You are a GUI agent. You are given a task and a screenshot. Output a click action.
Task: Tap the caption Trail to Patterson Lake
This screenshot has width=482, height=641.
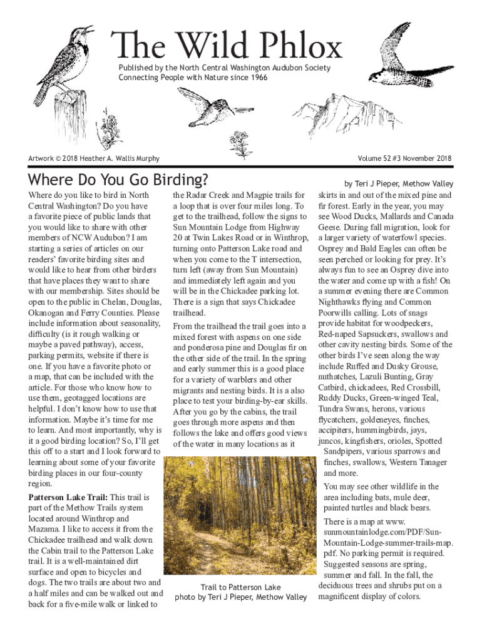click(x=241, y=587)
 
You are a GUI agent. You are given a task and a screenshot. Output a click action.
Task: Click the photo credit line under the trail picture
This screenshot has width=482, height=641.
click(x=241, y=597)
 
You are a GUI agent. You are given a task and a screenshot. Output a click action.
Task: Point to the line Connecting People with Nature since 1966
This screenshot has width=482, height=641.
click(x=193, y=77)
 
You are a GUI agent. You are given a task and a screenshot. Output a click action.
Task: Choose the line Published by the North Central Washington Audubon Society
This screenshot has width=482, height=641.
click(x=225, y=68)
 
